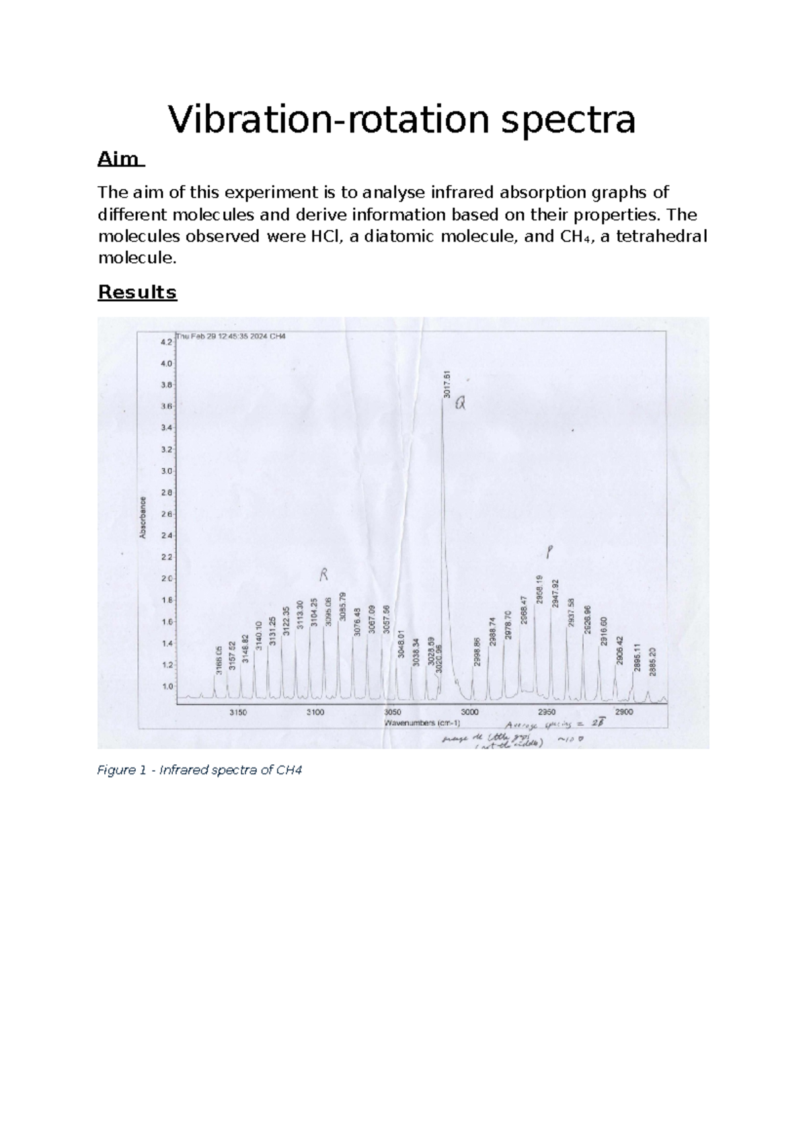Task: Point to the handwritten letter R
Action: click(x=323, y=575)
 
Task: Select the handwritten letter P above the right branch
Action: click(x=549, y=553)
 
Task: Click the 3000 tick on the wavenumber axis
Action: click(x=469, y=712)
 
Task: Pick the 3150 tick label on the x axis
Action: click(x=239, y=712)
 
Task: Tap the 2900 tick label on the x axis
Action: click(x=623, y=712)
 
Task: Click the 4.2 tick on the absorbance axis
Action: click(x=165, y=341)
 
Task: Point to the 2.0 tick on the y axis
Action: click(x=165, y=579)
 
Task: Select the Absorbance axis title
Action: click(x=143, y=518)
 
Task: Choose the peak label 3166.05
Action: click(x=219, y=659)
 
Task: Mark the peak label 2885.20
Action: click(x=652, y=661)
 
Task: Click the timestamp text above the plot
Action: click(x=230, y=336)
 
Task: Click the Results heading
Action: click(x=137, y=292)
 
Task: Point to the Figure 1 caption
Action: click(x=200, y=770)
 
